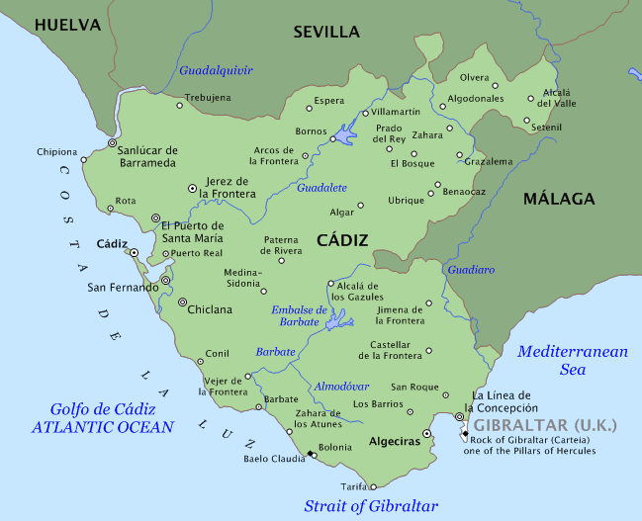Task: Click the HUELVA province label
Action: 67,25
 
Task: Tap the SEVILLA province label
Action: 326,32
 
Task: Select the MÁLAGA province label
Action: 559,199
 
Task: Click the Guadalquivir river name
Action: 216,70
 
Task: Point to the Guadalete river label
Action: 321,187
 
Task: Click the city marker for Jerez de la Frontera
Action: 192,187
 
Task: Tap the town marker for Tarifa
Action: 373,486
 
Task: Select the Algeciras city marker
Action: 426,434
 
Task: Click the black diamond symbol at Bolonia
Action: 312,454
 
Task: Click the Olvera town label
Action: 474,77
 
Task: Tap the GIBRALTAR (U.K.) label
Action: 544,425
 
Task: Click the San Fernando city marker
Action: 165,281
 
